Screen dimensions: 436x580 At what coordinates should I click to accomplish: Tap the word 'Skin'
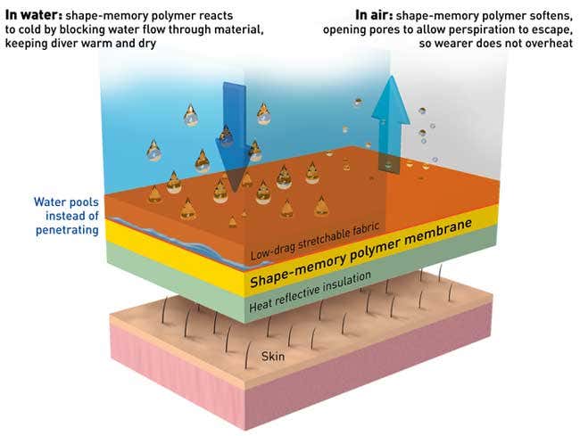(272, 357)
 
